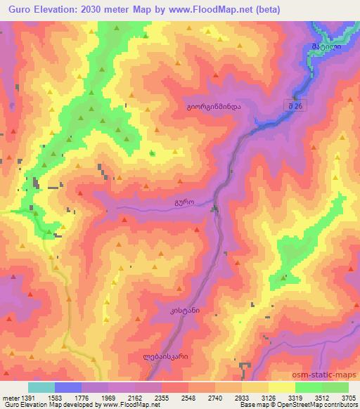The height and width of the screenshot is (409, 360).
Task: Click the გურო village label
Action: click(184, 201)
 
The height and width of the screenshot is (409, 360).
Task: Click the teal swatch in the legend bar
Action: click(42, 387)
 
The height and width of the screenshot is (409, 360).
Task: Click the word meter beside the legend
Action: click(8, 398)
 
